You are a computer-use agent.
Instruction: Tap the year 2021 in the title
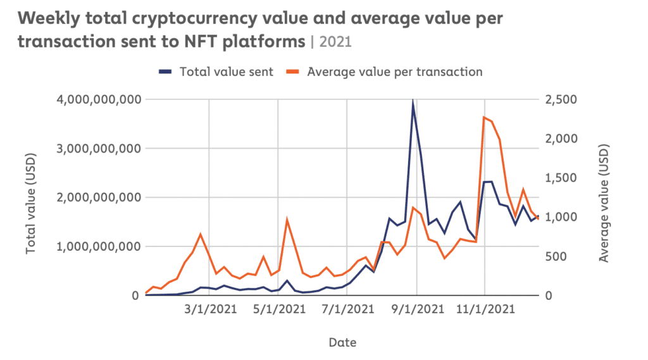[x=336, y=42]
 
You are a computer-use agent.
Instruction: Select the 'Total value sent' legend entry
[x=226, y=71]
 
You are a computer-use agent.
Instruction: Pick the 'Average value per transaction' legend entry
[x=394, y=71]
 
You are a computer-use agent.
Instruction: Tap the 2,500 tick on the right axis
[x=561, y=99]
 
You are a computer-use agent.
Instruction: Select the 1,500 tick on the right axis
[x=561, y=178]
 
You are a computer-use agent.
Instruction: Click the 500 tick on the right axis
[x=556, y=256]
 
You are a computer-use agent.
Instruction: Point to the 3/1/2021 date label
[x=209, y=310]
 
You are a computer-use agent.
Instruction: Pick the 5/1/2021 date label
[x=278, y=310]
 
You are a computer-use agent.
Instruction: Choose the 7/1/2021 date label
[x=347, y=310]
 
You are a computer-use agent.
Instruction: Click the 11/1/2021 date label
[x=484, y=310]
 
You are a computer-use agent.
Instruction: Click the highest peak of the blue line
[x=413, y=102]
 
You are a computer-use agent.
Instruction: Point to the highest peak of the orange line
[x=484, y=117]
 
